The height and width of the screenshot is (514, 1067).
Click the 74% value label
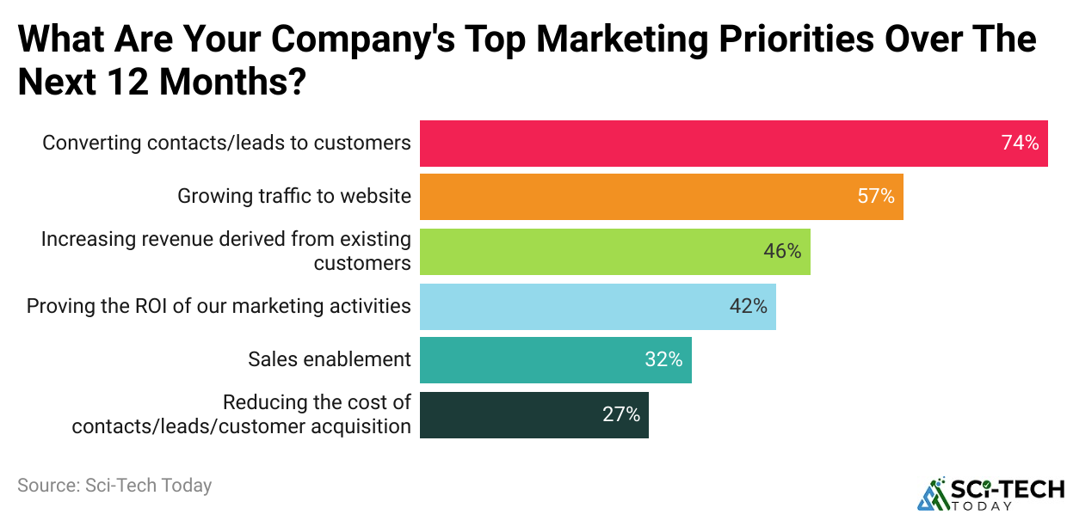(x=1020, y=143)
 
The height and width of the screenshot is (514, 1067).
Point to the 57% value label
(x=876, y=197)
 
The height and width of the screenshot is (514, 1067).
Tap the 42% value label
(x=748, y=306)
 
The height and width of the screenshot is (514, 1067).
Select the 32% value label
(x=663, y=360)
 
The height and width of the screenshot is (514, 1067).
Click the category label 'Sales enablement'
(x=330, y=359)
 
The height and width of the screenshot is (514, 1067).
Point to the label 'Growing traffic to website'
(x=294, y=196)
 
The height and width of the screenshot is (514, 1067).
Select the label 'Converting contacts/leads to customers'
(x=227, y=143)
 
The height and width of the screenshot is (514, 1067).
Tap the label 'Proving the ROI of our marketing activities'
(x=219, y=306)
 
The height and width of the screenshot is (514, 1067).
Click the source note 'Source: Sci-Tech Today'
(x=114, y=485)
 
